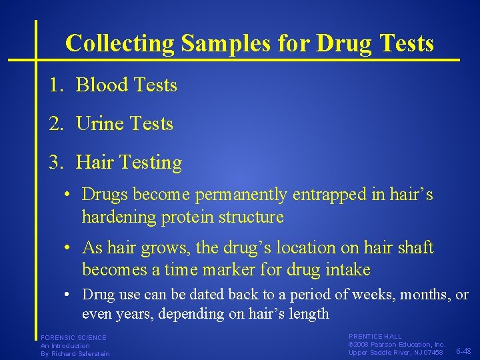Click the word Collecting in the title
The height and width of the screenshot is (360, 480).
(x=121, y=44)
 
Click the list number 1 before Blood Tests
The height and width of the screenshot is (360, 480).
(x=54, y=85)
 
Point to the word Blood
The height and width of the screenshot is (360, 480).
(x=102, y=85)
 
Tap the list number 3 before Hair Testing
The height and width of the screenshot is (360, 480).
(x=54, y=163)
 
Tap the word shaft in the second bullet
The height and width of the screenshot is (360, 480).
(x=415, y=248)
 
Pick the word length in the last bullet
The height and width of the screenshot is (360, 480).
(x=309, y=314)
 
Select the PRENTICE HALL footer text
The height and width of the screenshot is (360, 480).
(x=375, y=337)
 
